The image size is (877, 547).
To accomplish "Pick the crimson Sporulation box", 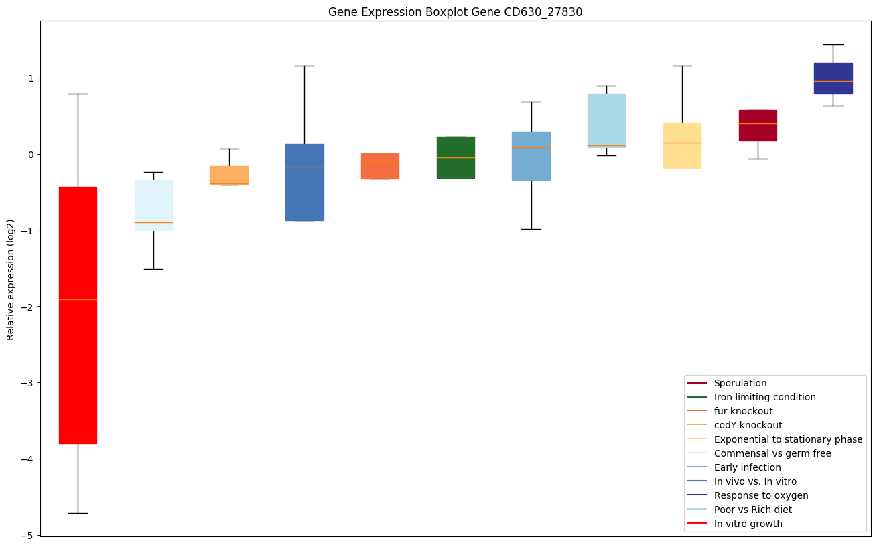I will [758, 125].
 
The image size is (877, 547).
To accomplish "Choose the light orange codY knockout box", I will [229, 175].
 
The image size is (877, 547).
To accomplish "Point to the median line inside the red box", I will [78, 299].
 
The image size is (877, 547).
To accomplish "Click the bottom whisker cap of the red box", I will [78, 513].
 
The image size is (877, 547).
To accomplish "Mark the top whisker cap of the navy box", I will [833, 44].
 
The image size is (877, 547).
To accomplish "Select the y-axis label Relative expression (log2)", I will [11, 278].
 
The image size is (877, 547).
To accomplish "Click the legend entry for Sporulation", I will [740, 383].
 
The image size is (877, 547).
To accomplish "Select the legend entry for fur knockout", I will [743, 411].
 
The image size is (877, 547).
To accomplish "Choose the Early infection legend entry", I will [747, 467].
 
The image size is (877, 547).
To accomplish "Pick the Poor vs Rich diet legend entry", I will [752, 510].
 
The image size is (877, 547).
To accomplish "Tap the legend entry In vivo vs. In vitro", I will [755, 481].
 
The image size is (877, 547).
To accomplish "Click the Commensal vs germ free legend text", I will [772, 453].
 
